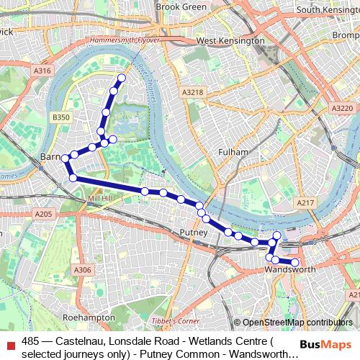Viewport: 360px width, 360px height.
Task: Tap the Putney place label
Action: [x=194, y=233]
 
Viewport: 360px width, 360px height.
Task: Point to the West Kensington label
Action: [x=230, y=41]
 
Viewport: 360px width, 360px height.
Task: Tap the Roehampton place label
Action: [x=89, y=317]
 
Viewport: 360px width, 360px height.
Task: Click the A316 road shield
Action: [x=42, y=70]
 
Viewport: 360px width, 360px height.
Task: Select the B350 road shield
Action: [x=60, y=117]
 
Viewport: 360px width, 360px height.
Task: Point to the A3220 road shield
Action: [x=343, y=107]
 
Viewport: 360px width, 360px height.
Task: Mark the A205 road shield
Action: [x=43, y=214]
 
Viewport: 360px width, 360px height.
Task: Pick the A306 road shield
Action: [x=82, y=270]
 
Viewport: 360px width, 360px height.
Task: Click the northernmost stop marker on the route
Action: [x=121, y=78]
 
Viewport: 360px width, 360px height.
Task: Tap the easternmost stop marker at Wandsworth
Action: [x=294, y=262]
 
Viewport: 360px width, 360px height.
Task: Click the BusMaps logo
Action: [x=323, y=344]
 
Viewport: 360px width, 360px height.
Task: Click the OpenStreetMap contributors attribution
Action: [x=293, y=323]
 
